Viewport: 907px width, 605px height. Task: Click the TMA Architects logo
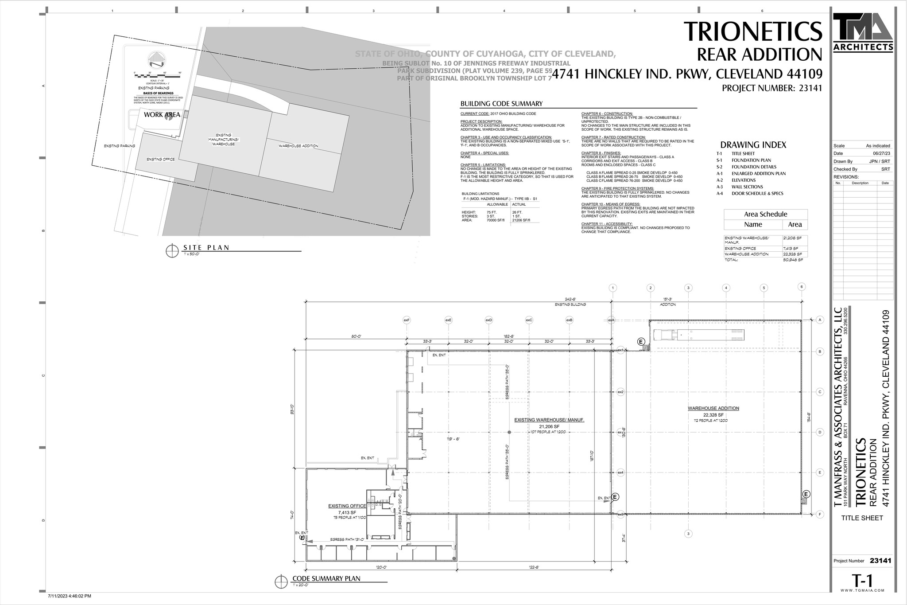(862, 32)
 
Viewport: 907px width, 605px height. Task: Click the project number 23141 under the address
(771, 88)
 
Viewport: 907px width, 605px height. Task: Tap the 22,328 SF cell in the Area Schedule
(792, 254)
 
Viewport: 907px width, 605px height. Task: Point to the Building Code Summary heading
(501, 104)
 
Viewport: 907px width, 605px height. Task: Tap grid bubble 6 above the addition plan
(801, 287)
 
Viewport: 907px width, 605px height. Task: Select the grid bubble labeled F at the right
(820, 515)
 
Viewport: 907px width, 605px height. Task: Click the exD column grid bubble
(488, 320)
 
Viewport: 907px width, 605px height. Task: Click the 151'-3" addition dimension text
(667, 300)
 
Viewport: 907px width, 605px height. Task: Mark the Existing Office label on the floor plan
(347, 506)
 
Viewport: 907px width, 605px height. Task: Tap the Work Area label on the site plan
(162, 115)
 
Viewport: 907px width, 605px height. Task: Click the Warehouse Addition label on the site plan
(298, 146)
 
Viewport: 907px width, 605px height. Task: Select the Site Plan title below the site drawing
(206, 248)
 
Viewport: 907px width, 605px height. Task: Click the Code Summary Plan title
(326, 579)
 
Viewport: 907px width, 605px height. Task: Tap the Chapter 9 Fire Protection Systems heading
(612, 188)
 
